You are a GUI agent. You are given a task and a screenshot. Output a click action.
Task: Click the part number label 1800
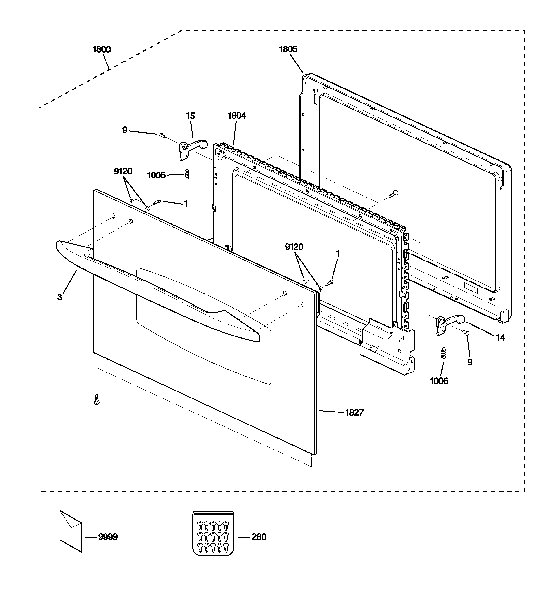click(102, 49)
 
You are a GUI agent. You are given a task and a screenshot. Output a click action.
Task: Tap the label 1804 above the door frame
click(237, 116)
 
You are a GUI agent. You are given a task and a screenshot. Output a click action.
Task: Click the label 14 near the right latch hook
click(500, 338)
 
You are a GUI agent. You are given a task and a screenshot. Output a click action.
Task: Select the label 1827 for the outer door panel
click(354, 413)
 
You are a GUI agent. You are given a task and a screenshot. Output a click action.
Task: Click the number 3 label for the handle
click(60, 297)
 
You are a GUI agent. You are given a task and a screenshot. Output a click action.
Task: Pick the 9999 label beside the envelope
click(108, 537)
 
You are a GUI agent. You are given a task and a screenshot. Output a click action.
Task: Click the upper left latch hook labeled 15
click(193, 147)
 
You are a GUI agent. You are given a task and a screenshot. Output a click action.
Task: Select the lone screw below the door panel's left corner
click(96, 400)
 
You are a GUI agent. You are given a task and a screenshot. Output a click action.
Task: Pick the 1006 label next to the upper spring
click(156, 175)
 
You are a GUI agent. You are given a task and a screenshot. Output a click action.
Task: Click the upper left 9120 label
click(123, 171)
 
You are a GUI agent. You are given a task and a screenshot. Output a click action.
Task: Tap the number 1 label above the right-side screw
click(337, 254)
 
